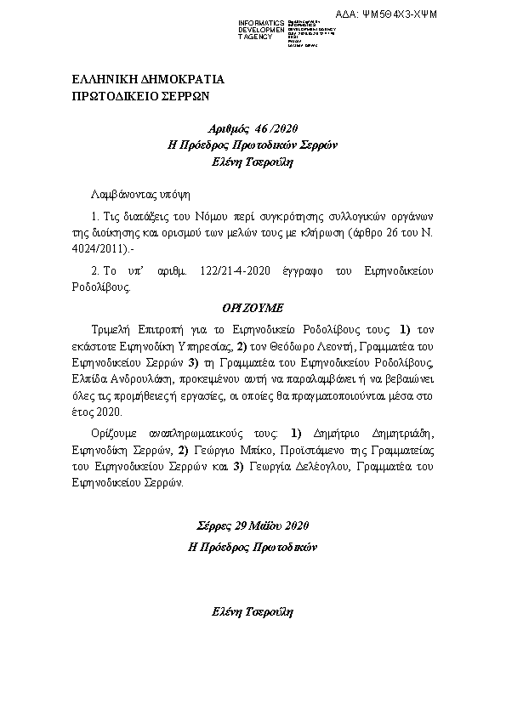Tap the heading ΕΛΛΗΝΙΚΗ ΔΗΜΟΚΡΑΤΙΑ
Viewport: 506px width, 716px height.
149,80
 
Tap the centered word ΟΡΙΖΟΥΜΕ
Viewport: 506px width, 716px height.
253,305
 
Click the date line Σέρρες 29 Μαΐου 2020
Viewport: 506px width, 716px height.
252,526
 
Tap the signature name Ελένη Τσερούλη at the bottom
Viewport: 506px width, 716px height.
252,612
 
